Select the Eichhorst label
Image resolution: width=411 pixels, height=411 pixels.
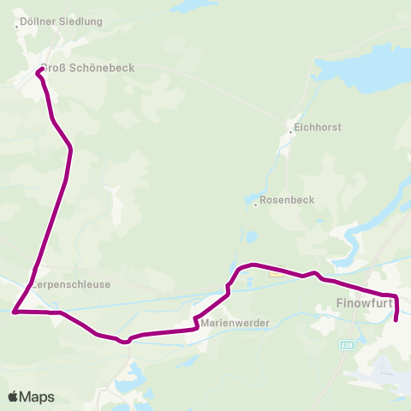coord(317,127)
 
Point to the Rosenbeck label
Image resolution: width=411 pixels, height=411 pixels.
coord(287,200)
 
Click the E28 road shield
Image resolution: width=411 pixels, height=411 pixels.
coord(346,345)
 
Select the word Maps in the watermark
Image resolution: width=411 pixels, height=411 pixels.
coord(37,396)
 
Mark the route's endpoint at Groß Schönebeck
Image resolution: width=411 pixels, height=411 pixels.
coord(38,72)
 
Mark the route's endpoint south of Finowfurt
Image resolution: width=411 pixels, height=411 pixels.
coord(396,322)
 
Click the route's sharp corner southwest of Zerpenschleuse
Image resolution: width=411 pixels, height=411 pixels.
coord(15,313)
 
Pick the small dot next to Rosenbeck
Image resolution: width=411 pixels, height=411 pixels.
coord(255,205)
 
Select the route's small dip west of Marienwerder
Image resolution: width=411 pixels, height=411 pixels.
coord(126,341)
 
